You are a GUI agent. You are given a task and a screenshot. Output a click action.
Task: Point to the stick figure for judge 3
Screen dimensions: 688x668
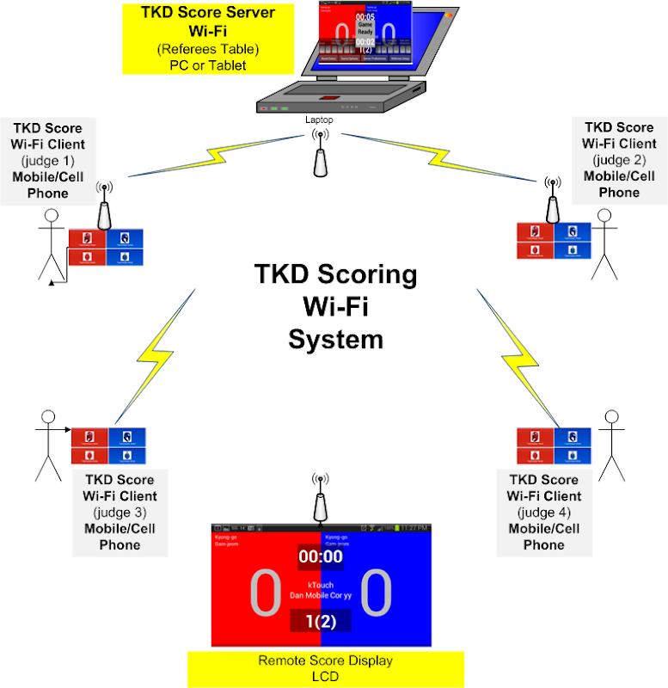coord(48,444)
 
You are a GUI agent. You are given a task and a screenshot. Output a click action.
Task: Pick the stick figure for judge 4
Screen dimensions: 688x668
coord(610,445)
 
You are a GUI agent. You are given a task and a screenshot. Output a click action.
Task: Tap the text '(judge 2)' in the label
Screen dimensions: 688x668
coord(619,160)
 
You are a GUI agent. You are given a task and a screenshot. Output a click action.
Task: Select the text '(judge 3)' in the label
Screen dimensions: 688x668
coord(120,513)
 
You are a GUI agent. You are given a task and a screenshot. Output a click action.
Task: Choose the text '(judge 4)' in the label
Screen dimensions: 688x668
coord(543,513)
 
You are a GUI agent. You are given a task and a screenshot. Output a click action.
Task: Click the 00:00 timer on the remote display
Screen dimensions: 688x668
coord(320,556)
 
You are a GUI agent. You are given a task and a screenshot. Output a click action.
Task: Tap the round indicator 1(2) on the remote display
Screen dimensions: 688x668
coord(320,619)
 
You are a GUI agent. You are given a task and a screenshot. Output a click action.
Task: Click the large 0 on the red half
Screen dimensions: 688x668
coord(265,593)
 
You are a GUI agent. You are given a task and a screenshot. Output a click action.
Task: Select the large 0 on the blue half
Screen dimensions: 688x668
coord(376,593)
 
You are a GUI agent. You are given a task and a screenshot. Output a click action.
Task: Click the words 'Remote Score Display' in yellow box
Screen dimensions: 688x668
coord(325,661)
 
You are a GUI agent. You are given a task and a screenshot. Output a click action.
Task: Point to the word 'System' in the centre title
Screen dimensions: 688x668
coord(335,339)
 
